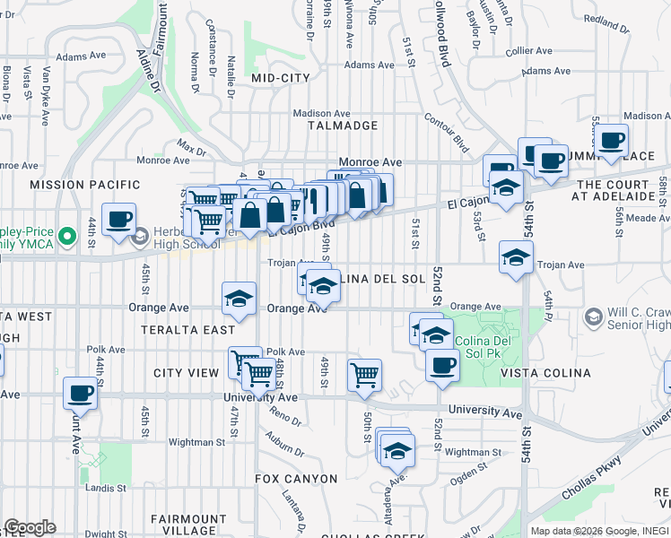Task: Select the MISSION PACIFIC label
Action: coord(75,185)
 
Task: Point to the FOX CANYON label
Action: coord(296,479)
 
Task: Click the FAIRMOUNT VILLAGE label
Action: coord(188,525)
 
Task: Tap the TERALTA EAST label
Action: coord(188,330)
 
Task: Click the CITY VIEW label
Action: coord(187,373)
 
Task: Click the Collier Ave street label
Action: coord(532,52)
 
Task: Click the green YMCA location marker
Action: coord(65,238)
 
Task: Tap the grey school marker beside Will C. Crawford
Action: coord(592,317)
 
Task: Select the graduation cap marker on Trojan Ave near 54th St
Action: coord(516,258)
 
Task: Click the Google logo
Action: coord(30,527)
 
